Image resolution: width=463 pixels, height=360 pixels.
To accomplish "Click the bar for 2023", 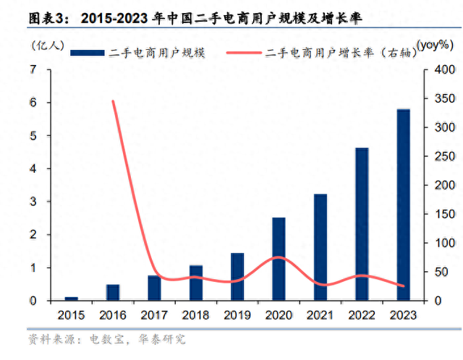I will (403, 205).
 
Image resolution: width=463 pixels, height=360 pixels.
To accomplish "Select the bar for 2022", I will (362, 224).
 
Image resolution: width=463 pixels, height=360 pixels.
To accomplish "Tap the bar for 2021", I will (320, 247).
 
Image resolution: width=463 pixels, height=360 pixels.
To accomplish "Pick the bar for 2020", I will (279, 259).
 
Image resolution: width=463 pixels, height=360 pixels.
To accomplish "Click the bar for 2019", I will (237, 277).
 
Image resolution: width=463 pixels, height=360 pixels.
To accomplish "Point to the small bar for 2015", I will (71, 298).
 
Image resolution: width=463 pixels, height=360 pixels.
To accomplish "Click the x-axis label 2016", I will (112, 316).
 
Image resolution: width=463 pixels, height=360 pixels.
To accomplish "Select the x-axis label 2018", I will (195, 316).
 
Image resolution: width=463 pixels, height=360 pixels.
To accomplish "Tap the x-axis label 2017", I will (154, 316).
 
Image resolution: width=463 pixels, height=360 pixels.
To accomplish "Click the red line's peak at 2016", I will (113, 101).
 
